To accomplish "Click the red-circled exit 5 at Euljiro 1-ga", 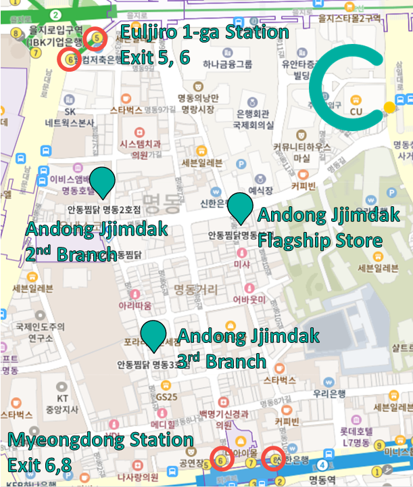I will (x=97, y=38).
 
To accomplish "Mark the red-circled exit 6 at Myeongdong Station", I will (x=221, y=459).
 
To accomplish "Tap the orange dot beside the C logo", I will (x=389, y=107).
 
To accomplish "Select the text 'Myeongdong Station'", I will (x=101, y=440).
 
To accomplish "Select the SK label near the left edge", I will (x=69, y=112).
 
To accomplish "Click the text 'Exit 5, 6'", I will (x=155, y=57).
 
